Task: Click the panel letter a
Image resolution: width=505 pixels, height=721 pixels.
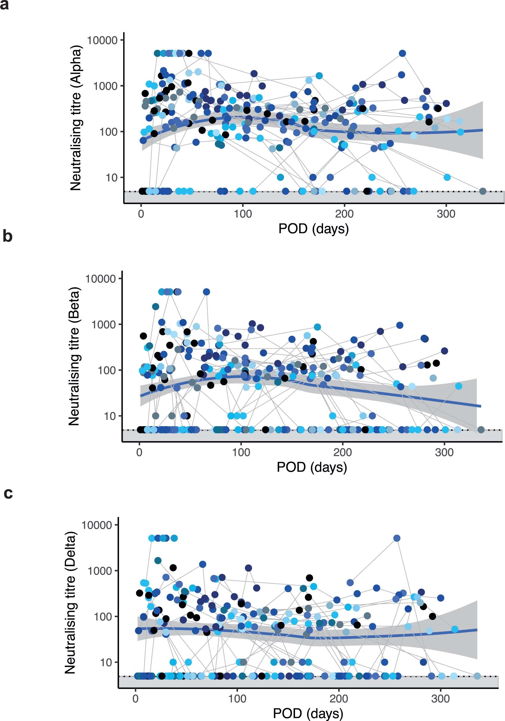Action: tap(4, 5)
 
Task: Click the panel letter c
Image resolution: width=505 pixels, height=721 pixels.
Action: tap(8, 493)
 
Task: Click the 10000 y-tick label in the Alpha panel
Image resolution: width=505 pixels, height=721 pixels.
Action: tap(102, 40)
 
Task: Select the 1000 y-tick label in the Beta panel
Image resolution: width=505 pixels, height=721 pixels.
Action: tap(104, 324)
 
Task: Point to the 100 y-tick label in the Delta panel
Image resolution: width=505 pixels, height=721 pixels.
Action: tap(103, 617)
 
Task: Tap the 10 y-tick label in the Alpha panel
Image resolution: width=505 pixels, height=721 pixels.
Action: tap(112, 178)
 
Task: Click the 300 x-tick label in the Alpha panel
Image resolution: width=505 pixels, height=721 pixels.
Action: tap(446, 214)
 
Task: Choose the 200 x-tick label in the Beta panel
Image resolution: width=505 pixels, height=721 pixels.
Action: tap(342, 452)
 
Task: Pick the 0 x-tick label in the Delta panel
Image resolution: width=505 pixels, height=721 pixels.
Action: tap(135, 699)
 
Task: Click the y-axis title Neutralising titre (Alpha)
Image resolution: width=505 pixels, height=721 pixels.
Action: tap(76, 118)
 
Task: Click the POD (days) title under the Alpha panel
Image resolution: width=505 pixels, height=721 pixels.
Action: tap(313, 229)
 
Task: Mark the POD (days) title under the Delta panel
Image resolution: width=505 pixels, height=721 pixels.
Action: tap(308, 713)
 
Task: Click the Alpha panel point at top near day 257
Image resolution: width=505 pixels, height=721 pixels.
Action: tap(402, 53)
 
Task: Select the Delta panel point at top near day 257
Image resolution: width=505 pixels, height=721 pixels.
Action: tap(397, 538)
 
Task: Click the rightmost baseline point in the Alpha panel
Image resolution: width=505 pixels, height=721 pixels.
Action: tap(483, 191)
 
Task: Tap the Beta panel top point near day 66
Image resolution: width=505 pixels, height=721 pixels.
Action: tap(206, 292)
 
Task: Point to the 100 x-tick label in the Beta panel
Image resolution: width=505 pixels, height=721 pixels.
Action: tap(241, 452)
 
